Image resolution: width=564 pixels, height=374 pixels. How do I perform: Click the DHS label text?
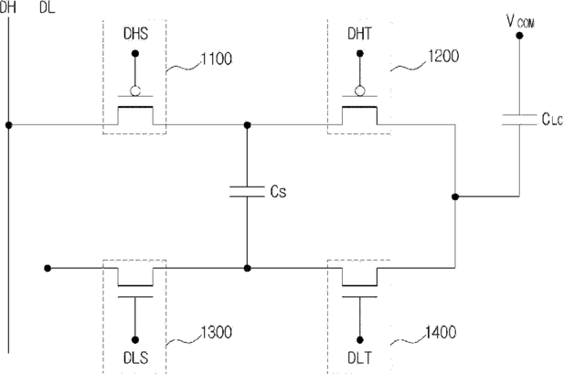pos(135,34)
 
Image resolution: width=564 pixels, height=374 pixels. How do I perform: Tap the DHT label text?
pos(359,34)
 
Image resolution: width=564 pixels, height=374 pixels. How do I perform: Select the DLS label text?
pos(135,358)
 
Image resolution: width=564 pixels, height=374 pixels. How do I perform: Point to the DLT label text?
pos(359,358)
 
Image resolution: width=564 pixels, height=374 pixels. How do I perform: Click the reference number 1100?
pos(216,59)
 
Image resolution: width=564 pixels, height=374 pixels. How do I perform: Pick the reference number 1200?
pos(443,57)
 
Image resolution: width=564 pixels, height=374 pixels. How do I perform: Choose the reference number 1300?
pos(216,332)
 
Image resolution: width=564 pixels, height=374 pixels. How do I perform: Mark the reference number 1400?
pos(441,332)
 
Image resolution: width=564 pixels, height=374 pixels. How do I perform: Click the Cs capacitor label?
pos(279,191)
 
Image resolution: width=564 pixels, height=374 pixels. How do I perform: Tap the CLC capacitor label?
pos(552,119)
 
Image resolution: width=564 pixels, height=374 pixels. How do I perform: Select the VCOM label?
pos(520,22)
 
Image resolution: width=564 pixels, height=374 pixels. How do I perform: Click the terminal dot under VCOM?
pos(519,36)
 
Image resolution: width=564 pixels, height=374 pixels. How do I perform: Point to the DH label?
pos(8,7)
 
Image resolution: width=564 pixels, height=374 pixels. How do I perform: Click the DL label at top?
pos(48,7)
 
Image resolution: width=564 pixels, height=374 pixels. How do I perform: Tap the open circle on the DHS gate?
pos(135,91)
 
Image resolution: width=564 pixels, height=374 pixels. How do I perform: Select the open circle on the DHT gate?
pos(359,91)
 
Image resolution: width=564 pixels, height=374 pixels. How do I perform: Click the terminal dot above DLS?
pos(135,340)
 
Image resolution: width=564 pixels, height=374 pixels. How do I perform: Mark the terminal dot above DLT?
pos(359,340)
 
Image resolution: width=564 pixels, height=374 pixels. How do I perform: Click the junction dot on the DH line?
pos(8,125)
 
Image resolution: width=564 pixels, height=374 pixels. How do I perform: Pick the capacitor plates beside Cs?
pos(247,191)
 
